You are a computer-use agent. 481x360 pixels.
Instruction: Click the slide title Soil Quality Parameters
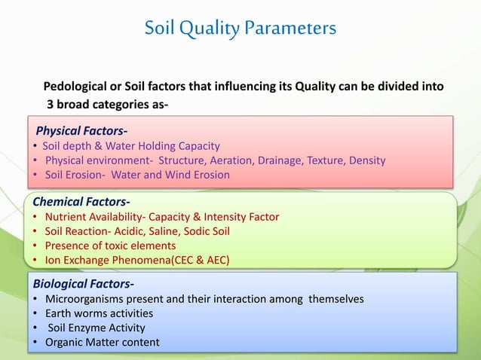[x=240, y=29]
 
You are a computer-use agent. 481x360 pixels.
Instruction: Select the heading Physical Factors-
[x=82, y=132]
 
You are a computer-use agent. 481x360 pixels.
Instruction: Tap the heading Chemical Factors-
[x=81, y=201]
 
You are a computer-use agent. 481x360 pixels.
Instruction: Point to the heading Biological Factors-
[x=84, y=284]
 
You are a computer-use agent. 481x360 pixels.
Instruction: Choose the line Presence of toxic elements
[x=110, y=246]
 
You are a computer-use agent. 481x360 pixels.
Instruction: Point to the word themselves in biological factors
[x=335, y=299]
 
